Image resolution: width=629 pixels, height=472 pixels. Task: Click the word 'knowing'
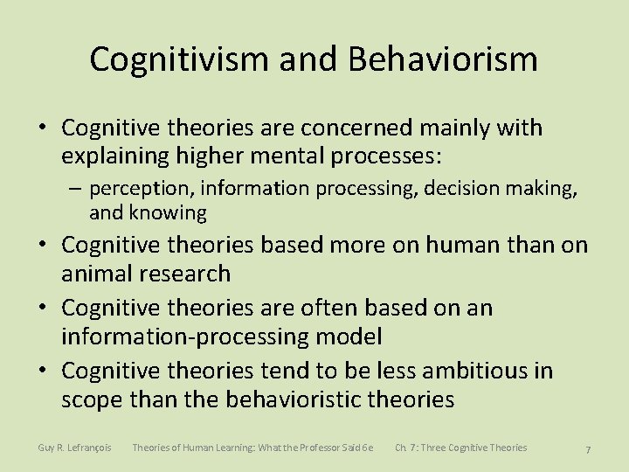point(168,212)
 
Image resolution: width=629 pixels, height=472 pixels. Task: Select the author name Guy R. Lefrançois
point(74,448)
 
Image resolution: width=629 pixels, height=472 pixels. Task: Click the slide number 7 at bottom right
point(588,449)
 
